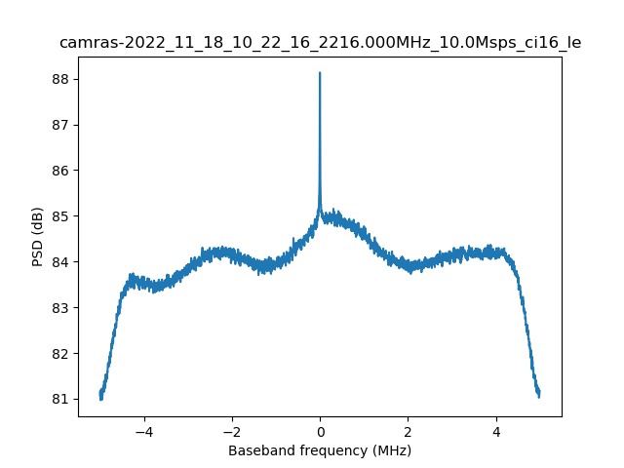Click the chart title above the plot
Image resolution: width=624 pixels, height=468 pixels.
320,42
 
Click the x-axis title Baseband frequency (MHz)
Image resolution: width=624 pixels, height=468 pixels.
320,450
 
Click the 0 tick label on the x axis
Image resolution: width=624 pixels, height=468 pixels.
320,431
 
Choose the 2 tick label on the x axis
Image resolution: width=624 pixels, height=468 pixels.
408,431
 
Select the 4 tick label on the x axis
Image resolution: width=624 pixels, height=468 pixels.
495,431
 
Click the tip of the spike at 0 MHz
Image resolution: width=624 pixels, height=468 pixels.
320,73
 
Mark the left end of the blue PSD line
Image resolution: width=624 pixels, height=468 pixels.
100,394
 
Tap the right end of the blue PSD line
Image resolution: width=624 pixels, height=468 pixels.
539,393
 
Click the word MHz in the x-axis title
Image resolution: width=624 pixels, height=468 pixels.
391,450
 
